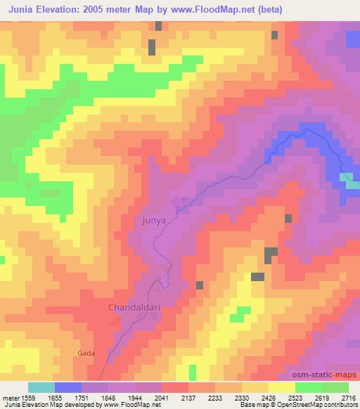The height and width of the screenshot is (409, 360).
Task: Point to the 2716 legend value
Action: coord(348,398)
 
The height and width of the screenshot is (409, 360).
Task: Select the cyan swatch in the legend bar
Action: coord(41,387)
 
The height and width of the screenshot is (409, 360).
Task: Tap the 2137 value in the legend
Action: coord(188,398)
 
